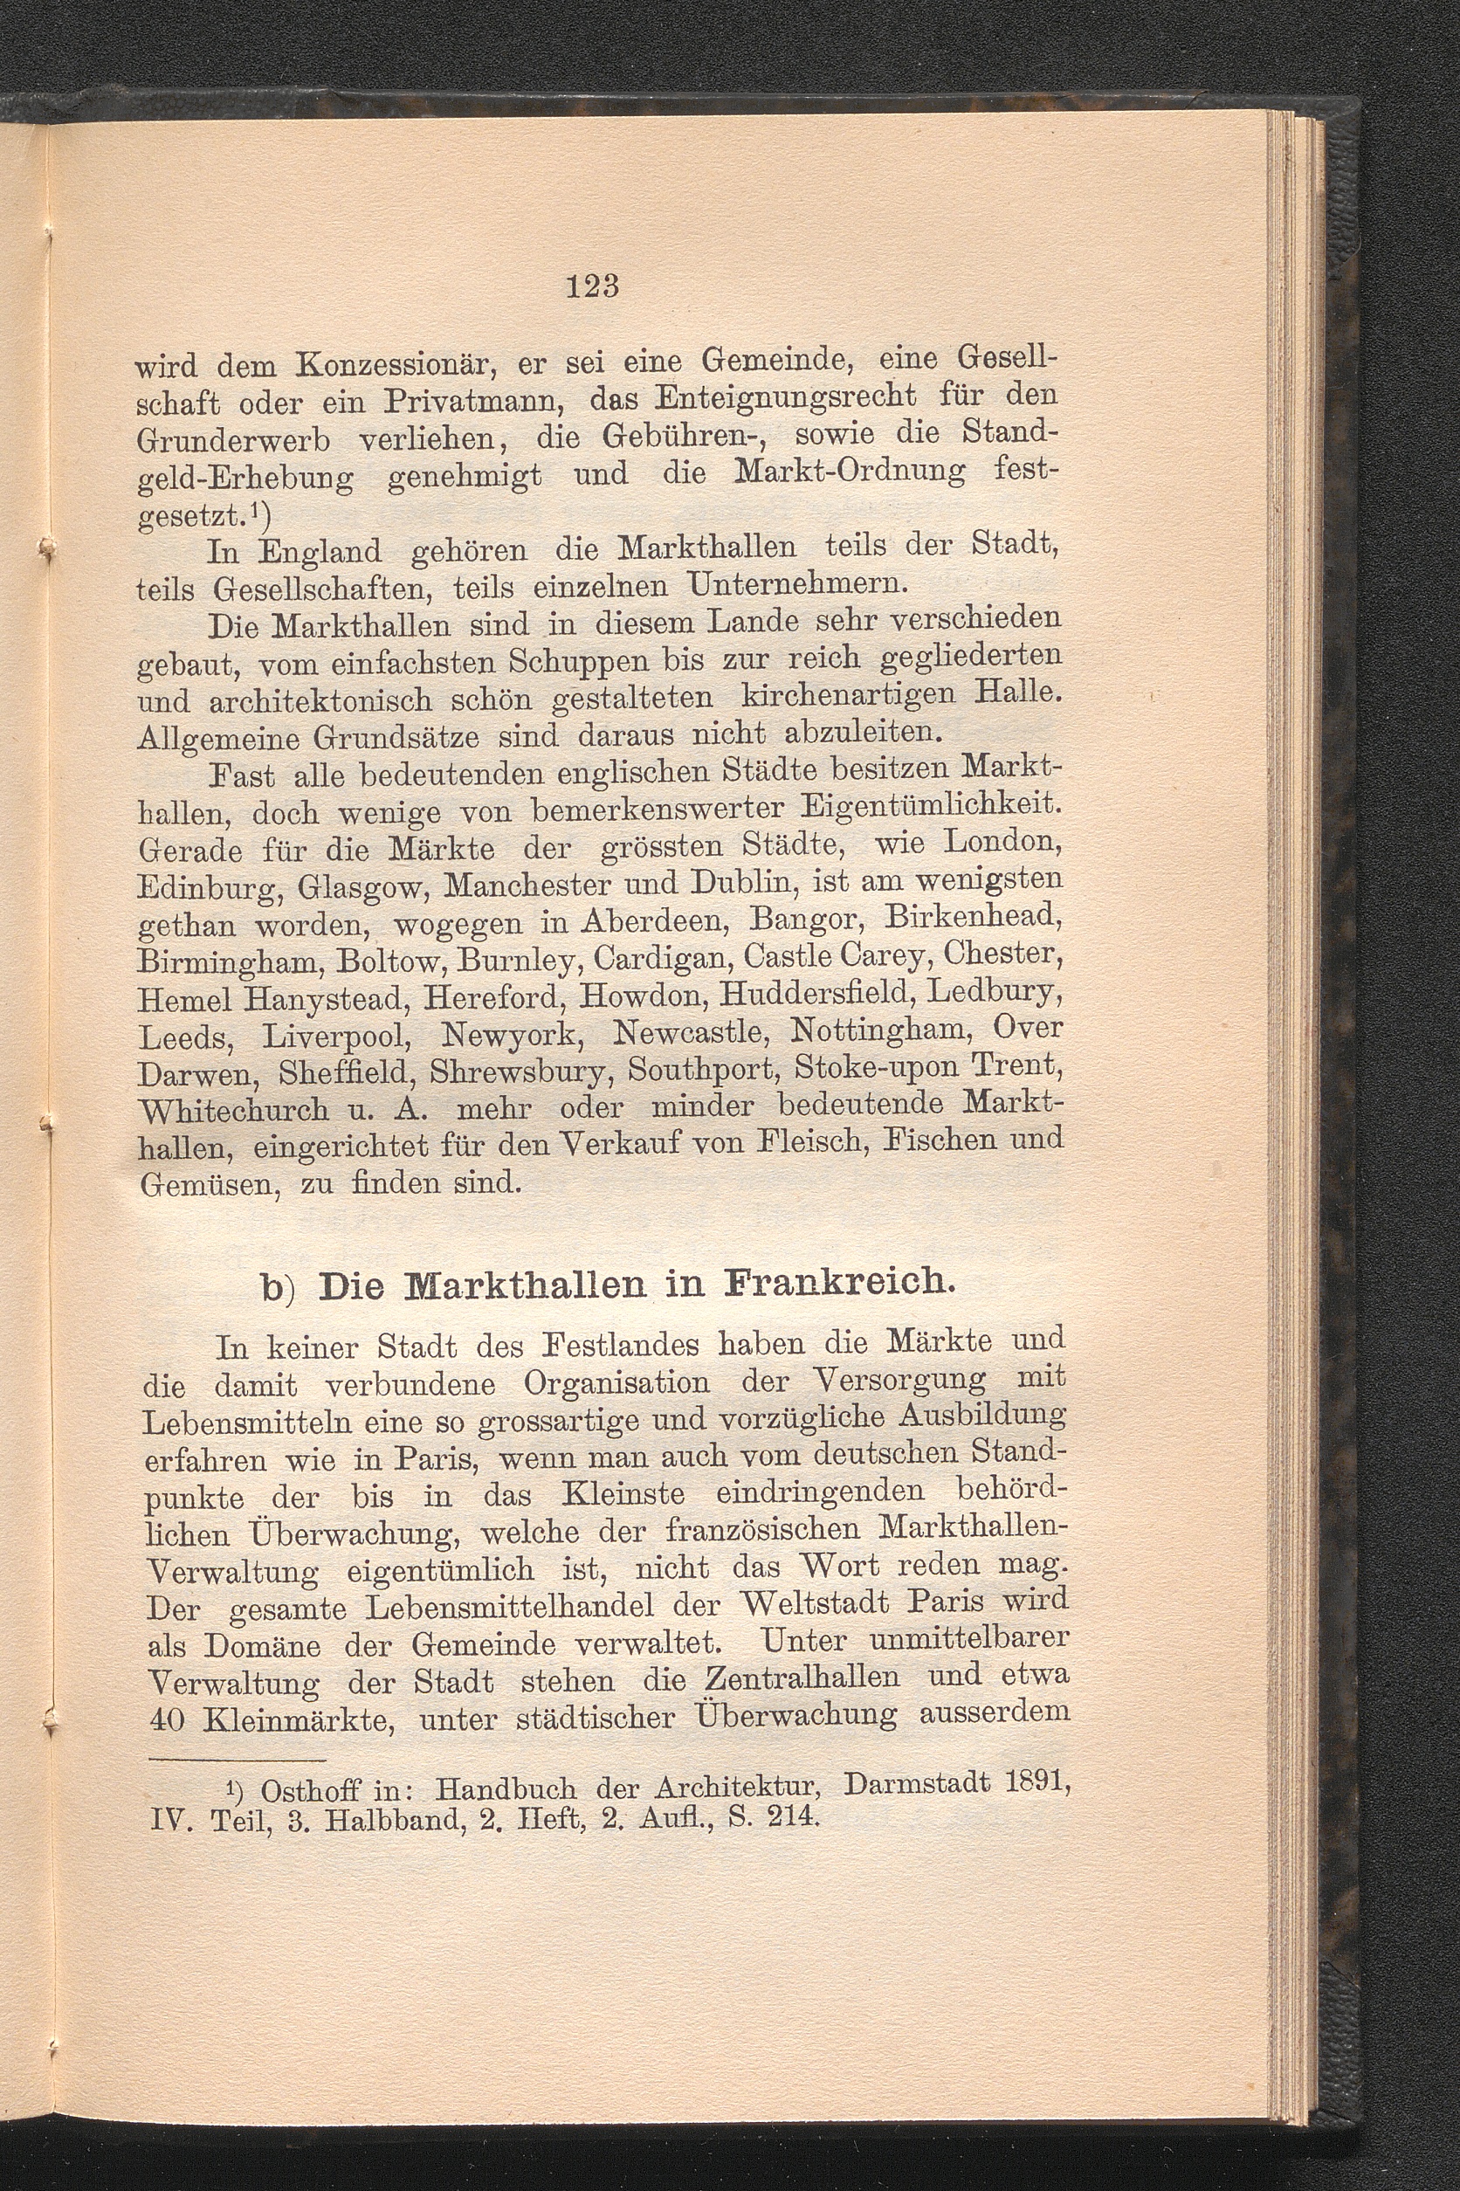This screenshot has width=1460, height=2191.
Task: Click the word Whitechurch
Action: pyautogui.click(x=233, y=1109)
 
